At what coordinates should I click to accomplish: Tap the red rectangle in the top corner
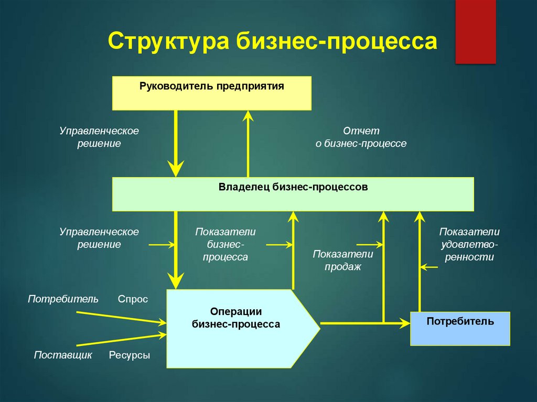click(475, 31)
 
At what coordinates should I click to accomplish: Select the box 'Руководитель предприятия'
click(212, 93)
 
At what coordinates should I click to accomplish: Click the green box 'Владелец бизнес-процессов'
click(293, 194)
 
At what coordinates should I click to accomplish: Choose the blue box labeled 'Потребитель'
click(460, 329)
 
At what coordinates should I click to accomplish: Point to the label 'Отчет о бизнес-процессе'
click(361, 137)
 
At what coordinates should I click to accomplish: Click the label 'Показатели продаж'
click(343, 260)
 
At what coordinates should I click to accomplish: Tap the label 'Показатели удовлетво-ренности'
click(469, 244)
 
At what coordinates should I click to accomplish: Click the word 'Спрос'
click(133, 299)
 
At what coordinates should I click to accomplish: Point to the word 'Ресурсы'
click(130, 355)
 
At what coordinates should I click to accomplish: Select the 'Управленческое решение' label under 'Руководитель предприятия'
click(99, 137)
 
